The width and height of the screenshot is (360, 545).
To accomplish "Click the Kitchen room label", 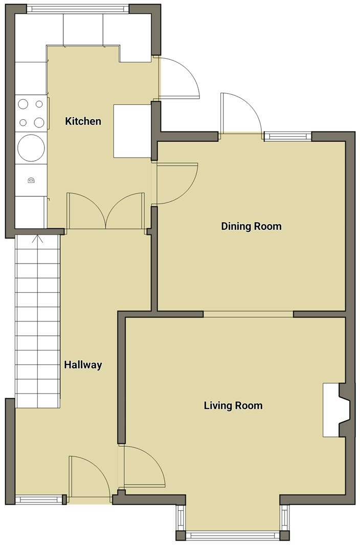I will [x=83, y=121].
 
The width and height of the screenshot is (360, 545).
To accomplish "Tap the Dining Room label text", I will [x=251, y=226].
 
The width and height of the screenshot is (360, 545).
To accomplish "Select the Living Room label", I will [x=233, y=406].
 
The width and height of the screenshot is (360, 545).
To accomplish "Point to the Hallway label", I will [x=83, y=365].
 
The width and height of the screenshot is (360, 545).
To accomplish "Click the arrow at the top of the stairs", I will [x=37, y=239].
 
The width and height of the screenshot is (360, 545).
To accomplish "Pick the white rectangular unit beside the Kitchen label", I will [x=132, y=131].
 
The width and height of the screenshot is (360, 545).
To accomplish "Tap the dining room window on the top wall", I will [x=288, y=136].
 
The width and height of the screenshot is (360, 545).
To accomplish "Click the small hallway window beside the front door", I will [x=39, y=499].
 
